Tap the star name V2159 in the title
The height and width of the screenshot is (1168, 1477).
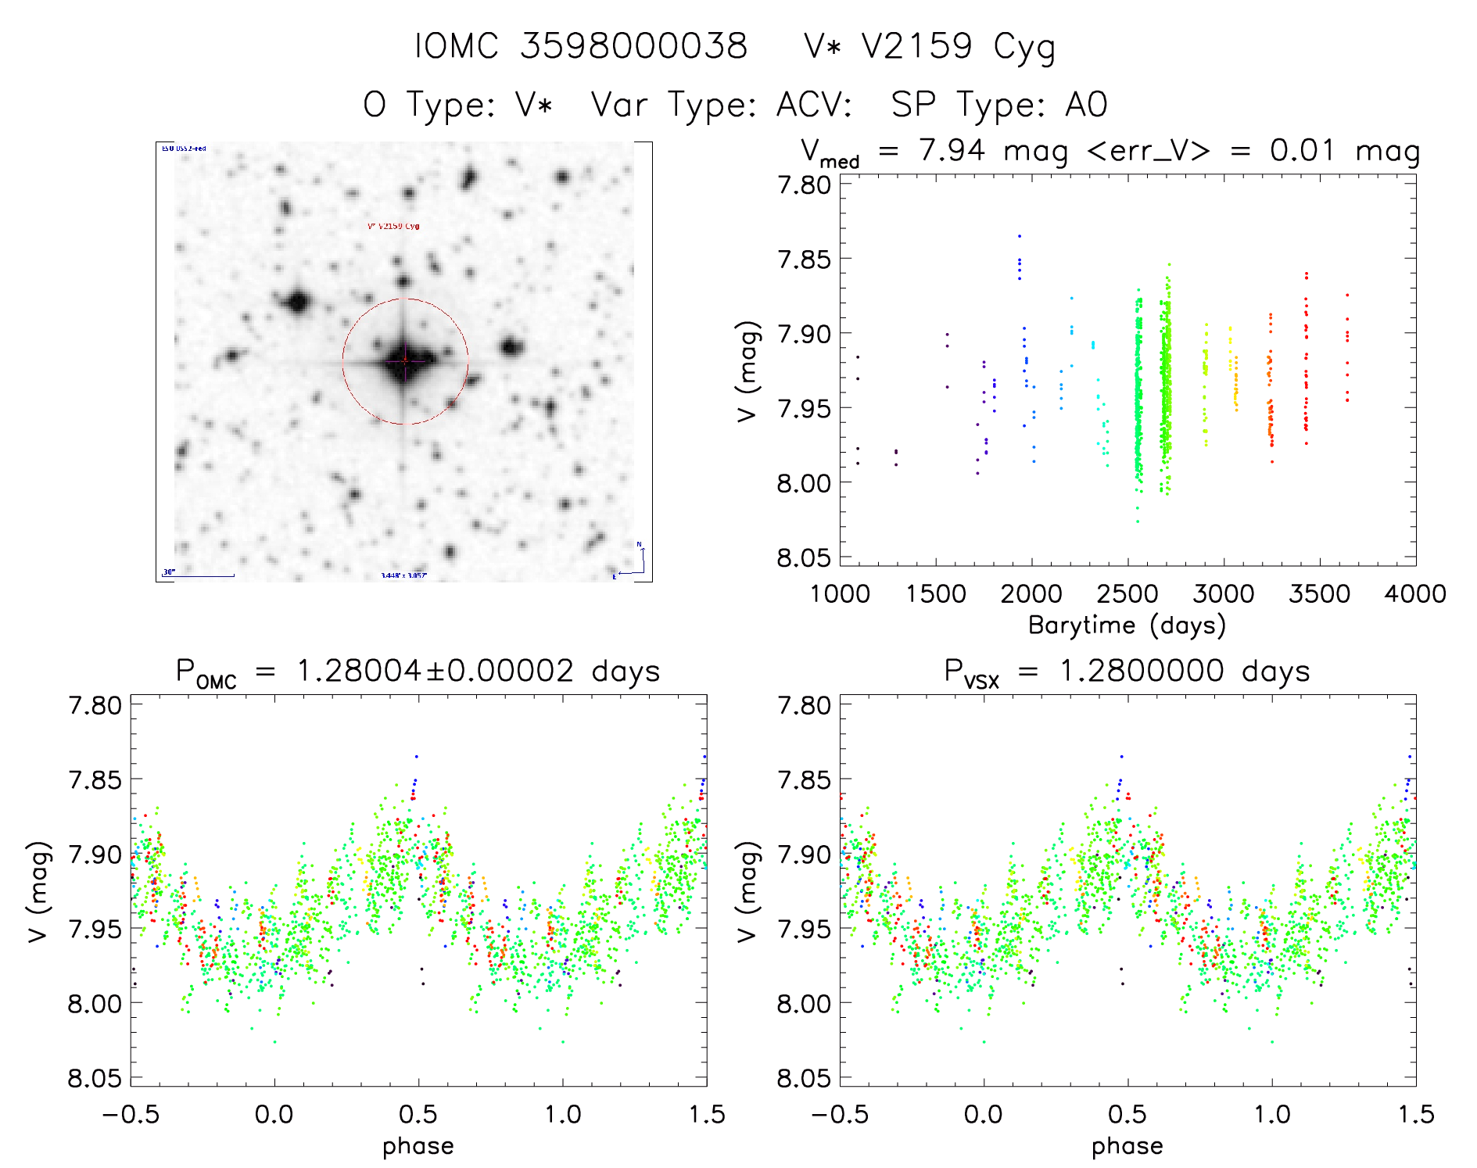pos(916,46)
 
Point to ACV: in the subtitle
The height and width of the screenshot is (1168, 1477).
pos(814,105)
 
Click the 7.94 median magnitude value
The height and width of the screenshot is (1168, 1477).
pos(952,150)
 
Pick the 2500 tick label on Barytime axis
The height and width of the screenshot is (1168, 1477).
pos(1127,594)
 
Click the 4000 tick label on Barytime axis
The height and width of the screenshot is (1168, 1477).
pos(1415,594)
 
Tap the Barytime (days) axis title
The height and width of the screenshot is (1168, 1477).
pos(1127,625)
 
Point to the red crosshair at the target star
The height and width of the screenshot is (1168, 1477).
pos(405,361)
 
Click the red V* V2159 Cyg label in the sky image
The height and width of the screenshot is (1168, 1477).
pos(393,227)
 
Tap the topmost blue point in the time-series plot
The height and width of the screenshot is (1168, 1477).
pos(1019,235)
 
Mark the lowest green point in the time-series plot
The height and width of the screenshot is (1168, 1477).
pos(1138,521)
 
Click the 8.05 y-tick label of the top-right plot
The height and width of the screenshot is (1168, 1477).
pos(803,558)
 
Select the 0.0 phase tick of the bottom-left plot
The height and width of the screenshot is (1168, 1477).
pos(274,1115)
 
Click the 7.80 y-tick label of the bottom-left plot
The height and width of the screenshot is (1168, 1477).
pos(95,706)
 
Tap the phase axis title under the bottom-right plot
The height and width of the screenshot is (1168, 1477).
pos(1127,1147)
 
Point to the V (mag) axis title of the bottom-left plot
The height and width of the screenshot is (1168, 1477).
pos(39,891)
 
